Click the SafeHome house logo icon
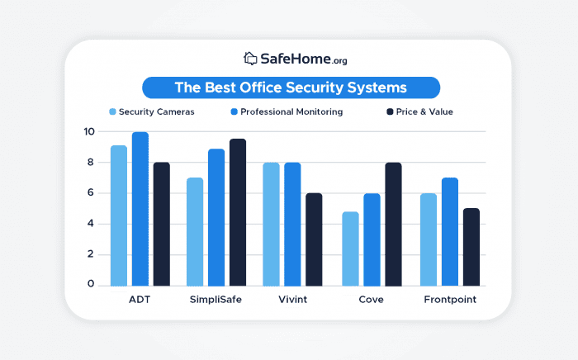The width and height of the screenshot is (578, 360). [250, 59]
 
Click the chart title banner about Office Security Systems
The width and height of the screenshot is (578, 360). [291, 88]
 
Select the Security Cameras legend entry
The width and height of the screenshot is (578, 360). [152, 111]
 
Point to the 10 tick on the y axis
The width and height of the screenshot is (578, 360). [88, 131]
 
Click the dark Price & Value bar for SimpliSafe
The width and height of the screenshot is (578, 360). [238, 212]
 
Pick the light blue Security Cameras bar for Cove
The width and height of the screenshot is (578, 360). [350, 249]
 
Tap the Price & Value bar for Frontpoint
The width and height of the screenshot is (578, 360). [471, 247]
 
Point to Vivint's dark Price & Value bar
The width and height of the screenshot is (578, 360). [314, 239]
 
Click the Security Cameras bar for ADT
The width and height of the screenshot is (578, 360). [119, 216]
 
